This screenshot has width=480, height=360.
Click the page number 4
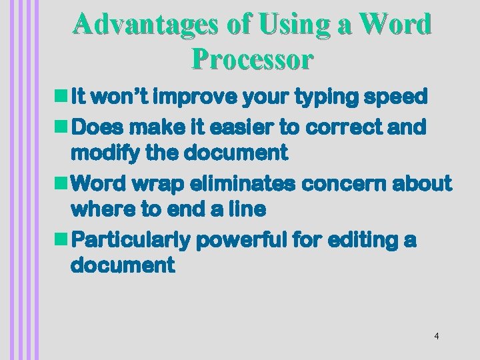[436, 336]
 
